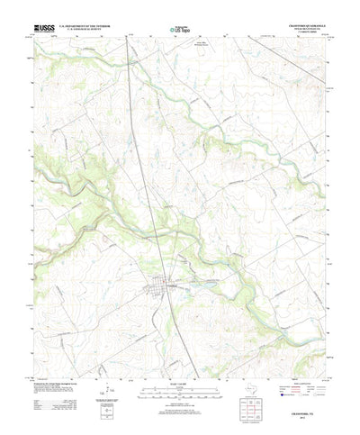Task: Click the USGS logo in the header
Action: coord(42,28)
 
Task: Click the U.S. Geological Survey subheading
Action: coord(88,31)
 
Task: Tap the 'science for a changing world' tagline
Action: coord(42,33)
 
